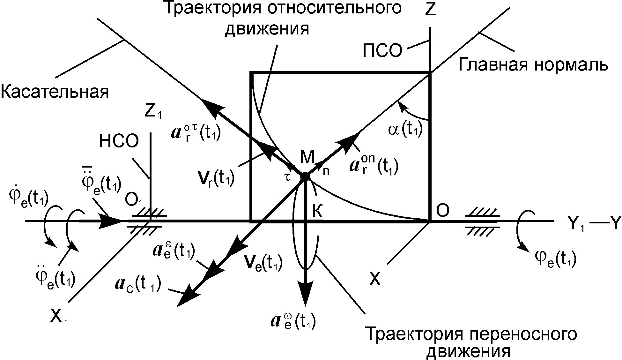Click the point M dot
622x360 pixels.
coord(305,176)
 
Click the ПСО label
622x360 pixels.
coord(382,51)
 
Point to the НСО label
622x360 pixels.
coord(119,141)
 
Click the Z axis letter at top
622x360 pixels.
coord(430,10)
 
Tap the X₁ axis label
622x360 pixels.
coord(59,318)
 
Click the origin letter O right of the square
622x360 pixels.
coord(442,211)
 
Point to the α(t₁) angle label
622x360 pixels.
coord(405,130)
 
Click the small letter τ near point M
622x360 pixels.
coord(288,177)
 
